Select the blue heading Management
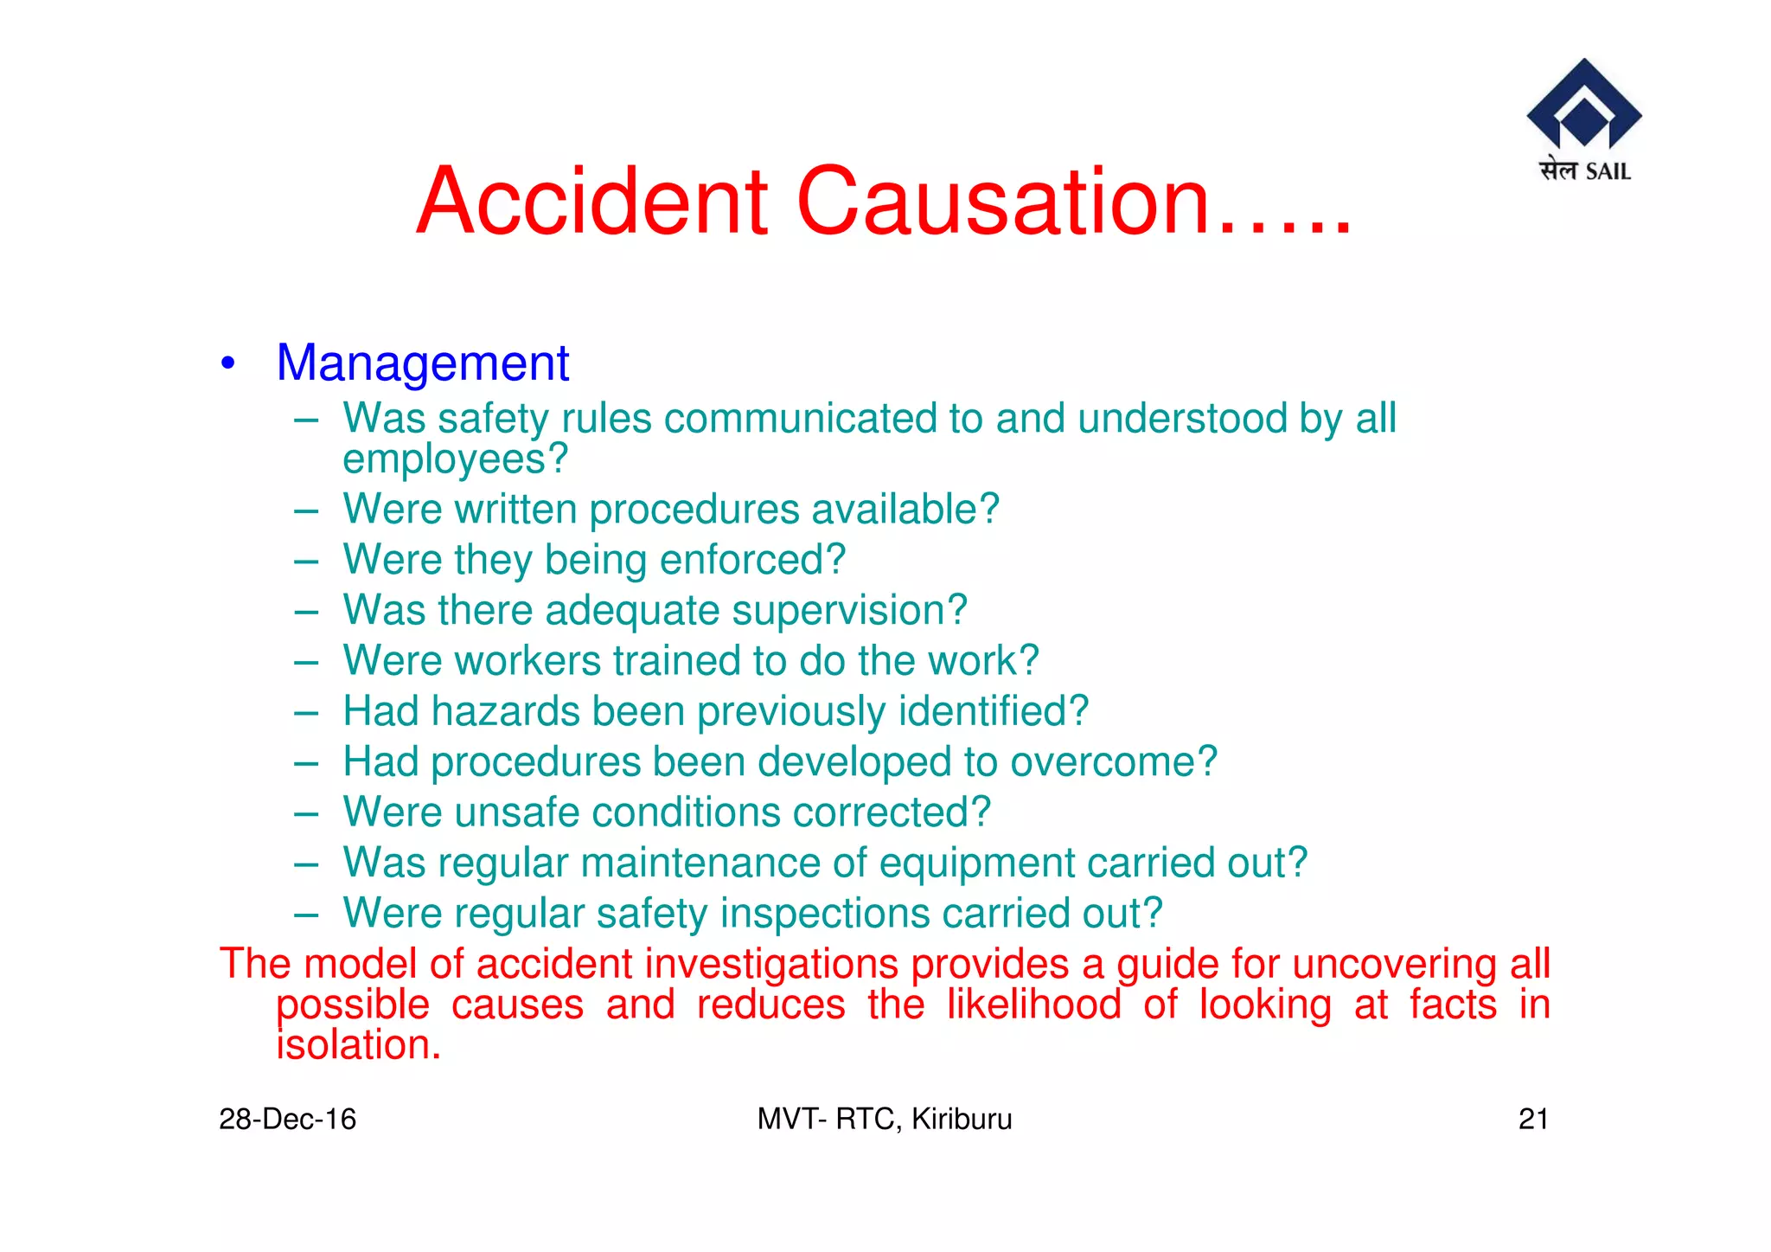(x=422, y=363)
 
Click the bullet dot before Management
(x=227, y=363)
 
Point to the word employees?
(x=455, y=459)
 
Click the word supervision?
(x=849, y=610)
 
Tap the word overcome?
(x=1114, y=762)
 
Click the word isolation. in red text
(x=359, y=1045)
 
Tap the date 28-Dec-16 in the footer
(x=287, y=1120)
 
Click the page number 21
(x=1532, y=1120)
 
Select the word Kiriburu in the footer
(x=962, y=1120)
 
